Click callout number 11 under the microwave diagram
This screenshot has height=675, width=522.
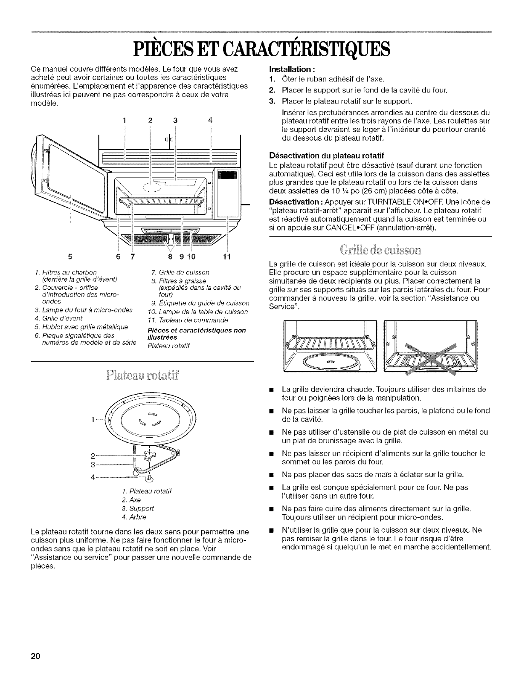click(x=227, y=257)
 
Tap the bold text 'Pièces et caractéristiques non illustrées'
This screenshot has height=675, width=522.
click(x=196, y=333)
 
